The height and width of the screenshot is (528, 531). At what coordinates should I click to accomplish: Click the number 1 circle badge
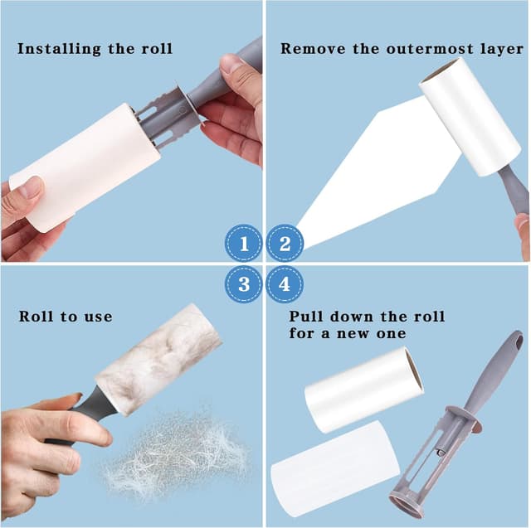[243, 243]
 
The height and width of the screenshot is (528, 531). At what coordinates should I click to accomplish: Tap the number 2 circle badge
[285, 243]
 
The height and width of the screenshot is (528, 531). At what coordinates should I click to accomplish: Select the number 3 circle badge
[243, 284]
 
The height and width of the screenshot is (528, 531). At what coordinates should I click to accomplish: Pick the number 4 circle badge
[285, 284]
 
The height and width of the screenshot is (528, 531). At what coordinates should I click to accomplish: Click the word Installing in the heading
[59, 49]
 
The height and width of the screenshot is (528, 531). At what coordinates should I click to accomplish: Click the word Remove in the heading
[313, 49]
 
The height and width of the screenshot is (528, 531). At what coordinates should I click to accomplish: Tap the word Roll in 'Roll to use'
[36, 317]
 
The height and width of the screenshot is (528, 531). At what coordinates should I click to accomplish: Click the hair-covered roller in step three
[158, 360]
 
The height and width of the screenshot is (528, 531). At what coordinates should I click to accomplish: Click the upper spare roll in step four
[363, 389]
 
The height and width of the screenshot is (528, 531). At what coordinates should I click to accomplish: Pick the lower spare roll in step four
[335, 468]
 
